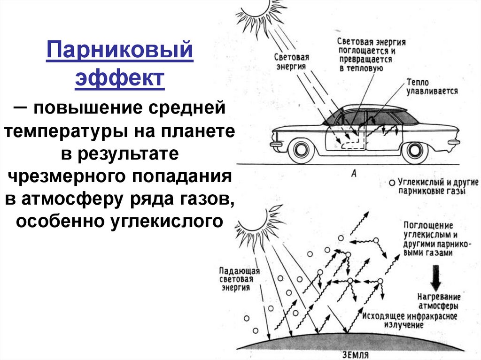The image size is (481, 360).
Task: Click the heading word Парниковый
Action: point(120,51)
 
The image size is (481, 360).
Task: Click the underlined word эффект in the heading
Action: point(120,77)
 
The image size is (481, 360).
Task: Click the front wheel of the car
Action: point(301,149)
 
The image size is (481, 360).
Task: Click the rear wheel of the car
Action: point(415,149)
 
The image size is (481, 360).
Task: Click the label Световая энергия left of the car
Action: point(291,61)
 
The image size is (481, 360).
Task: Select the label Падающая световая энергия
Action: point(235,279)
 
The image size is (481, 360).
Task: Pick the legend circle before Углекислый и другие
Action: point(392,182)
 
